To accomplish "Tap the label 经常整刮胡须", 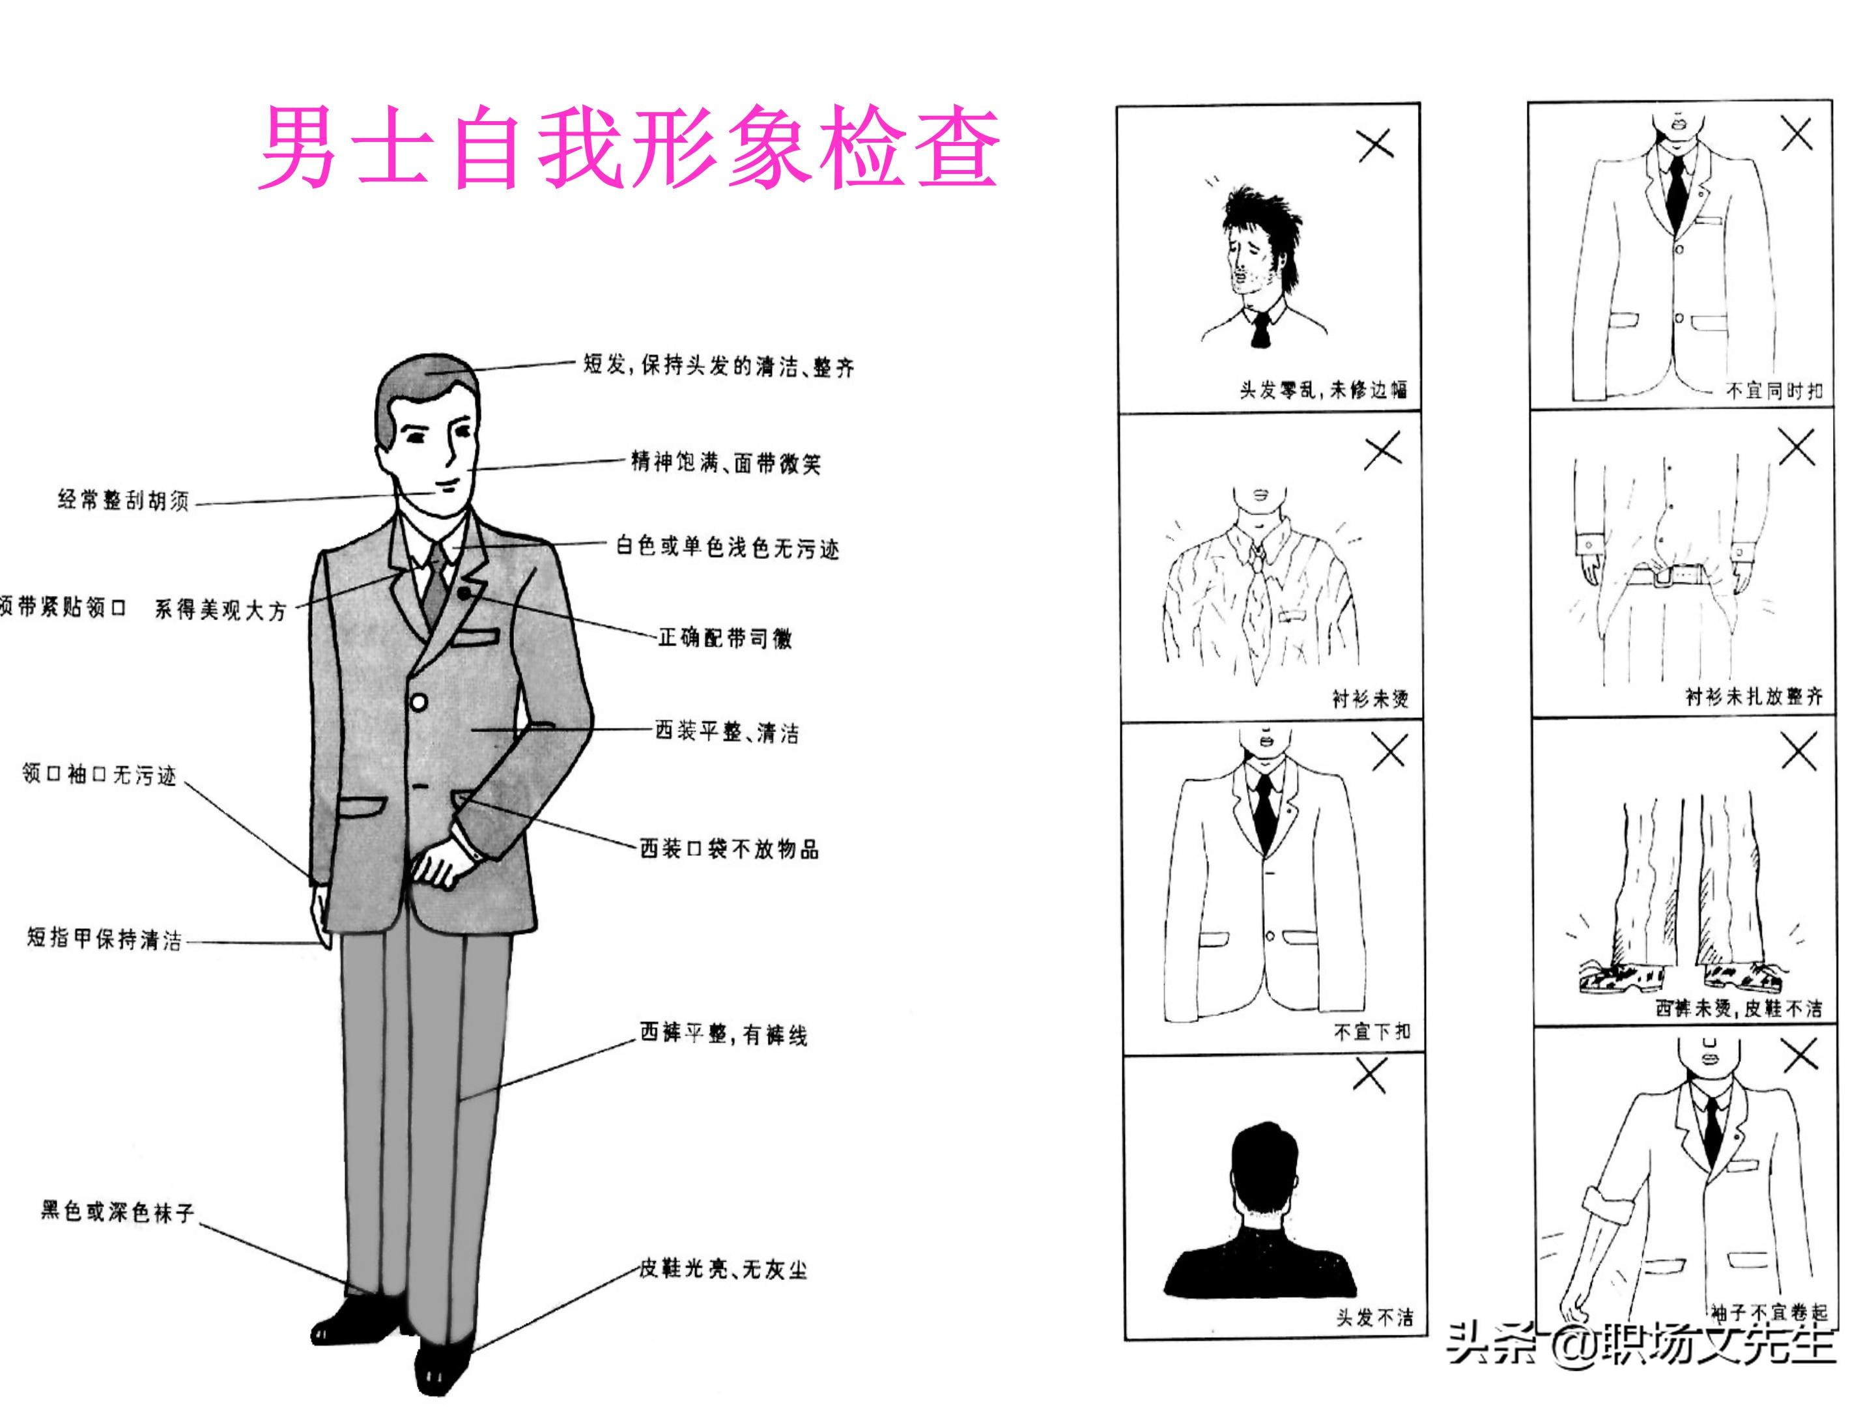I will [x=124, y=500].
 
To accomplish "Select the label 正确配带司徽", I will [x=725, y=638].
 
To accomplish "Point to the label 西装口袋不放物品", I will [x=730, y=849].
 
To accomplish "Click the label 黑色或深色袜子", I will [x=118, y=1210].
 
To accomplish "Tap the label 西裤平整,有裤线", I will [x=722, y=1034].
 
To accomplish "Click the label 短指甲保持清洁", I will [x=104, y=939].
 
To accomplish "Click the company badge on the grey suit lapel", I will [x=464, y=593].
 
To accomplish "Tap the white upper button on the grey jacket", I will [x=418, y=702].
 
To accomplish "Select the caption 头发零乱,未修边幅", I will [x=1323, y=390].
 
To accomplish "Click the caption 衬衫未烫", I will [x=1370, y=698].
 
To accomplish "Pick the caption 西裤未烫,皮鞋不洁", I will [x=1739, y=1008].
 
